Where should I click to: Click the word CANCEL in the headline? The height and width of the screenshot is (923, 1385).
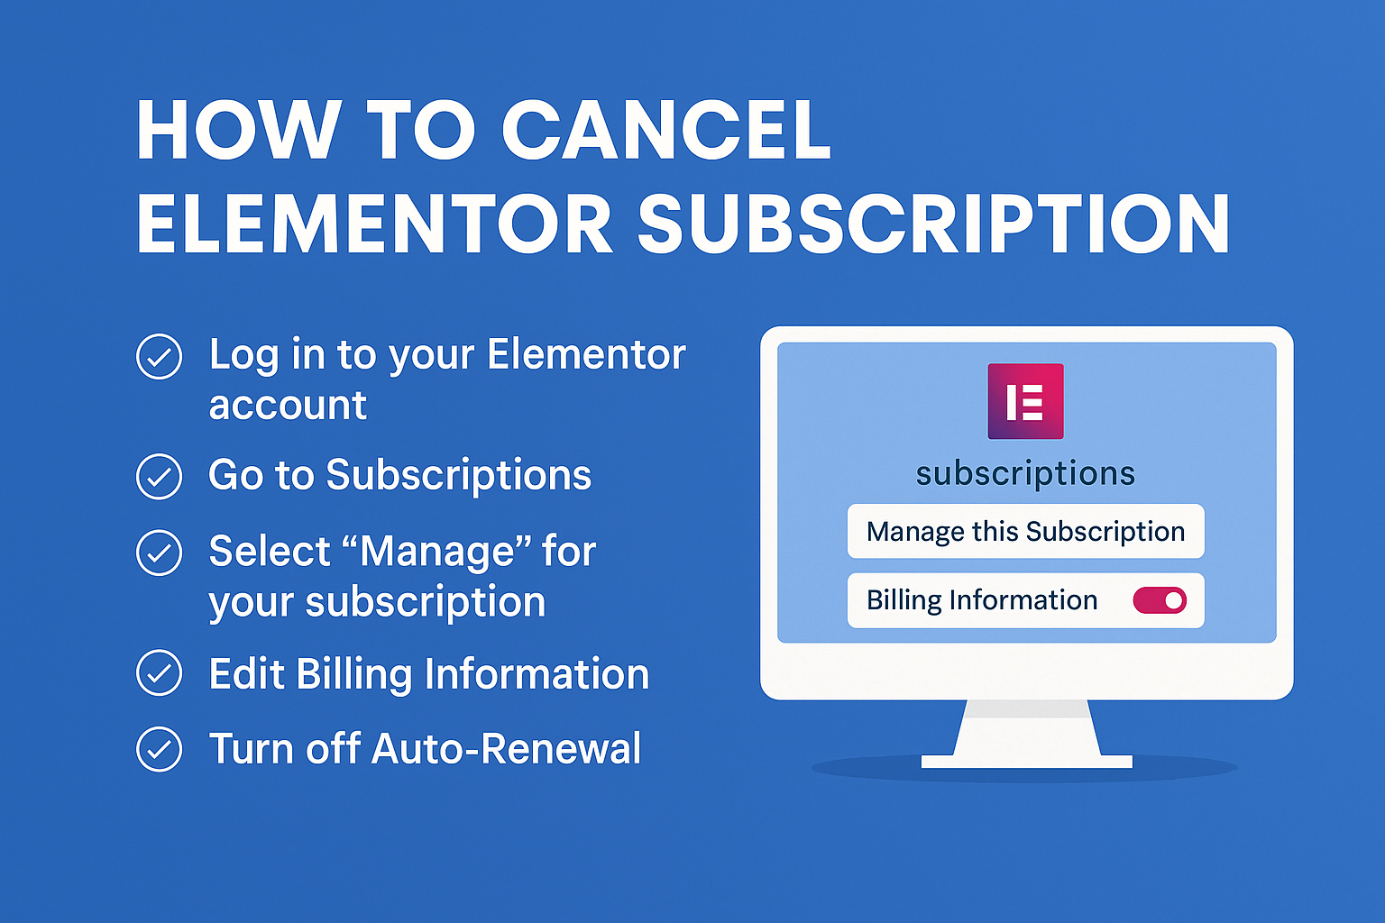click(666, 131)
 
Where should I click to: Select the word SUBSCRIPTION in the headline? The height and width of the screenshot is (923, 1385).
click(933, 224)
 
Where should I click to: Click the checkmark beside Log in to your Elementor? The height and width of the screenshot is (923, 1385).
click(159, 356)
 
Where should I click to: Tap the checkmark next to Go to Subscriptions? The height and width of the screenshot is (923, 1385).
click(159, 476)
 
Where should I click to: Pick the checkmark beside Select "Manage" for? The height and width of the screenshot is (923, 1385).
click(159, 553)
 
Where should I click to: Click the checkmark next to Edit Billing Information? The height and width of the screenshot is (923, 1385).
click(159, 672)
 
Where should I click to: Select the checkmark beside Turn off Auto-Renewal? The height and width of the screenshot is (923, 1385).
click(159, 749)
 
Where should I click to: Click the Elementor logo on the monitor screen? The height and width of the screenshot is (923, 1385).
click(1026, 401)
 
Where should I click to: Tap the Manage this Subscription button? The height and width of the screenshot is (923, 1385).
click(1026, 531)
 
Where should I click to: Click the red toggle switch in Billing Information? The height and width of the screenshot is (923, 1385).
click(1160, 600)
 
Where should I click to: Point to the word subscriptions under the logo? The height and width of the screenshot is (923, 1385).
click(1026, 474)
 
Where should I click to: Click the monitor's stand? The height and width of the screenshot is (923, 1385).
click(1026, 734)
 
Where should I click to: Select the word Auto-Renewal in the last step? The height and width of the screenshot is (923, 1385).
click(506, 749)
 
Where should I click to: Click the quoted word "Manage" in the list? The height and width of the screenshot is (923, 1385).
click(436, 550)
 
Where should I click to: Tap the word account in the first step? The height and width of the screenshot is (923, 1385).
click(289, 407)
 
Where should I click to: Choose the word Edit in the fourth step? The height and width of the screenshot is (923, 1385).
click(247, 673)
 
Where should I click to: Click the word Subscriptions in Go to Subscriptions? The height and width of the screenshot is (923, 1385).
click(459, 476)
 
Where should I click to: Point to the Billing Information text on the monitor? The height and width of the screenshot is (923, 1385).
click(982, 600)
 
